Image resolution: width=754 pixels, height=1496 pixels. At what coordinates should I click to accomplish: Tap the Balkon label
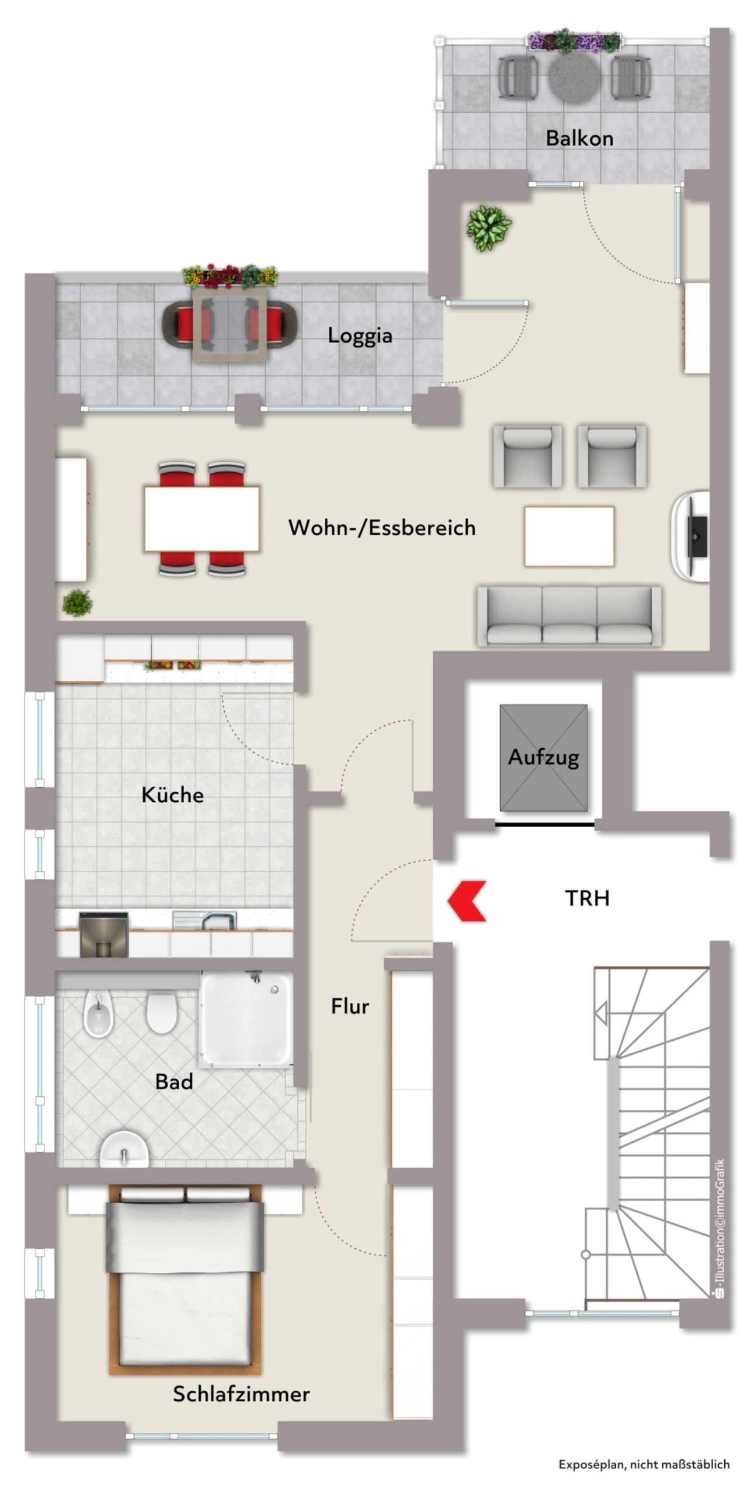click(x=579, y=138)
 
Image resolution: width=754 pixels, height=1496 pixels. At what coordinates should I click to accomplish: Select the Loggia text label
click(x=360, y=336)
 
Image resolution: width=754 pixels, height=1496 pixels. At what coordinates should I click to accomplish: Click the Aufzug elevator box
click(x=543, y=757)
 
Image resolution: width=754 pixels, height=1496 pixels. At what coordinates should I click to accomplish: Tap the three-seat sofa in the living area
click(x=569, y=616)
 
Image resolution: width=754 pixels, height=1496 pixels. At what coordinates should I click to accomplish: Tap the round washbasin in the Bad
click(x=123, y=1149)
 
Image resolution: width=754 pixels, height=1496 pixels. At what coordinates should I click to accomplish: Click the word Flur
click(x=350, y=1006)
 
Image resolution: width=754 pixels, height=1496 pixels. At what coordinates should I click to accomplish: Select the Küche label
click(x=172, y=795)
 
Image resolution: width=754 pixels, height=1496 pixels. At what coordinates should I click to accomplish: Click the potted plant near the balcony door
click(x=489, y=228)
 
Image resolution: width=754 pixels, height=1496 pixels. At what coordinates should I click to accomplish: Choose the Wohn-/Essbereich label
click(x=382, y=528)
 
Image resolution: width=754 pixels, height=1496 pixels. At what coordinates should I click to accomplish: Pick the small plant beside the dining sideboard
click(x=77, y=602)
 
